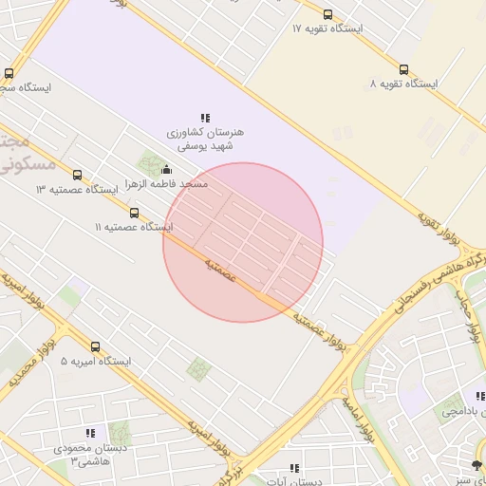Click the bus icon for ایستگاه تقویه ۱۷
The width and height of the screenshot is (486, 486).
point(327,14)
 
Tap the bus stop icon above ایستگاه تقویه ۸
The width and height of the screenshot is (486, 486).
point(403,69)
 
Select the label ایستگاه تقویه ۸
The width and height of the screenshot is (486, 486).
point(404,84)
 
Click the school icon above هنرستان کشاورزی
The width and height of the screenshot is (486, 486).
point(205,118)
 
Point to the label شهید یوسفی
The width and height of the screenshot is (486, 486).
point(205,146)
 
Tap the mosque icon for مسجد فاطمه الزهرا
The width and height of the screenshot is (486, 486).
point(168,170)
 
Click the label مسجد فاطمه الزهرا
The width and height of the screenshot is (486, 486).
point(167,184)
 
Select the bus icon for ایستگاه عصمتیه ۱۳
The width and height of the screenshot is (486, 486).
point(77,175)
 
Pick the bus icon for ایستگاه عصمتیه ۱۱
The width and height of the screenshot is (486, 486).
point(134,213)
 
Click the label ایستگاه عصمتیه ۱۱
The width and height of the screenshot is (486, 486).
point(135,228)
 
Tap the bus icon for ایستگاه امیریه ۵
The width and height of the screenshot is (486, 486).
point(95,346)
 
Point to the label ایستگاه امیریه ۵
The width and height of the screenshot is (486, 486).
point(94,362)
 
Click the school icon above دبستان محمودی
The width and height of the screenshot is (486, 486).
point(90,433)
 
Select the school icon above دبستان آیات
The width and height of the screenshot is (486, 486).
point(294,468)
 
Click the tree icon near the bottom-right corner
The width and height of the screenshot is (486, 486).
point(477,465)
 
